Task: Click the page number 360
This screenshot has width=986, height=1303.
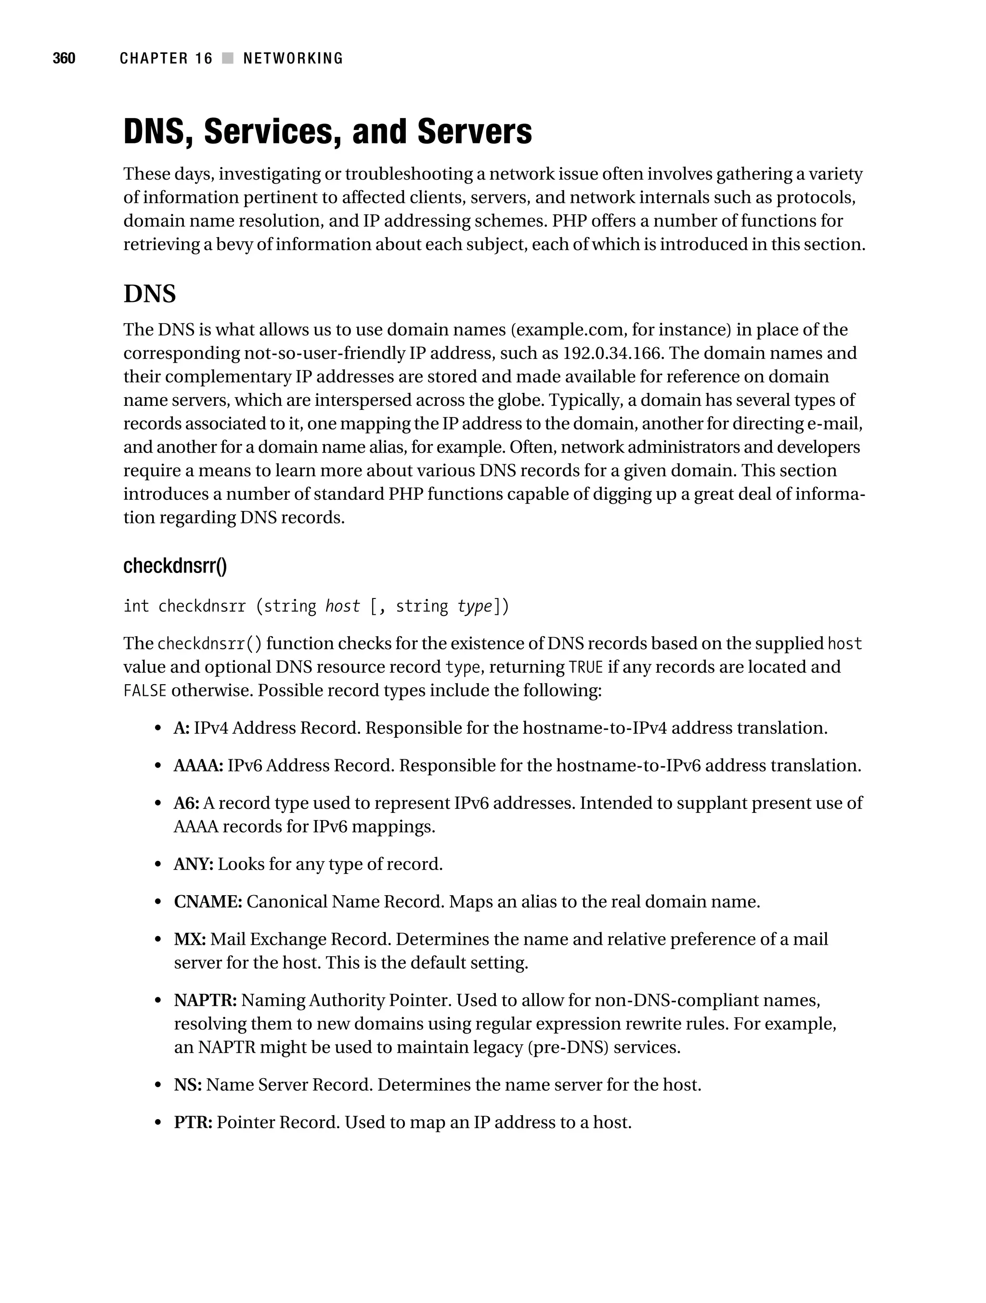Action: click(x=64, y=58)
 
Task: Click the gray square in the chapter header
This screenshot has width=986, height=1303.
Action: click(x=228, y=58)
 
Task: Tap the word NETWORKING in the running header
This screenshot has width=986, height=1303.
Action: click(x=293, y=58)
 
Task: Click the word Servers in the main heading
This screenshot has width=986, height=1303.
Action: click(x=474, y=131)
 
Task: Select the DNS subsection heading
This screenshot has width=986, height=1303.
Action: click(x=150, y=293)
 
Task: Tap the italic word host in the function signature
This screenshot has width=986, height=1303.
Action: click(x=342, y=606)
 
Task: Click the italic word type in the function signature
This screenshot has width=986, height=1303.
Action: click(x=474, y=606)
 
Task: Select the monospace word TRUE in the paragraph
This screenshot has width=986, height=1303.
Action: click(x=585, y=667)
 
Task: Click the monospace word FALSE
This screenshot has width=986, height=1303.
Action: click(x=145, y=691)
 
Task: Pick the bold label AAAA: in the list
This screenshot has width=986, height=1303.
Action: click(x=198, y=766)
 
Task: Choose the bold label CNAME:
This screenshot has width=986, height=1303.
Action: click(x=208, y=902)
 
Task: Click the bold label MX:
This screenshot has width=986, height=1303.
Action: click(x=190, y=939)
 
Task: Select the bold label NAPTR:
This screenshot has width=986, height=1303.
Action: click(x=206, y=1000)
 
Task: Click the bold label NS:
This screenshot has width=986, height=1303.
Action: click(x=188, y=1085)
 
